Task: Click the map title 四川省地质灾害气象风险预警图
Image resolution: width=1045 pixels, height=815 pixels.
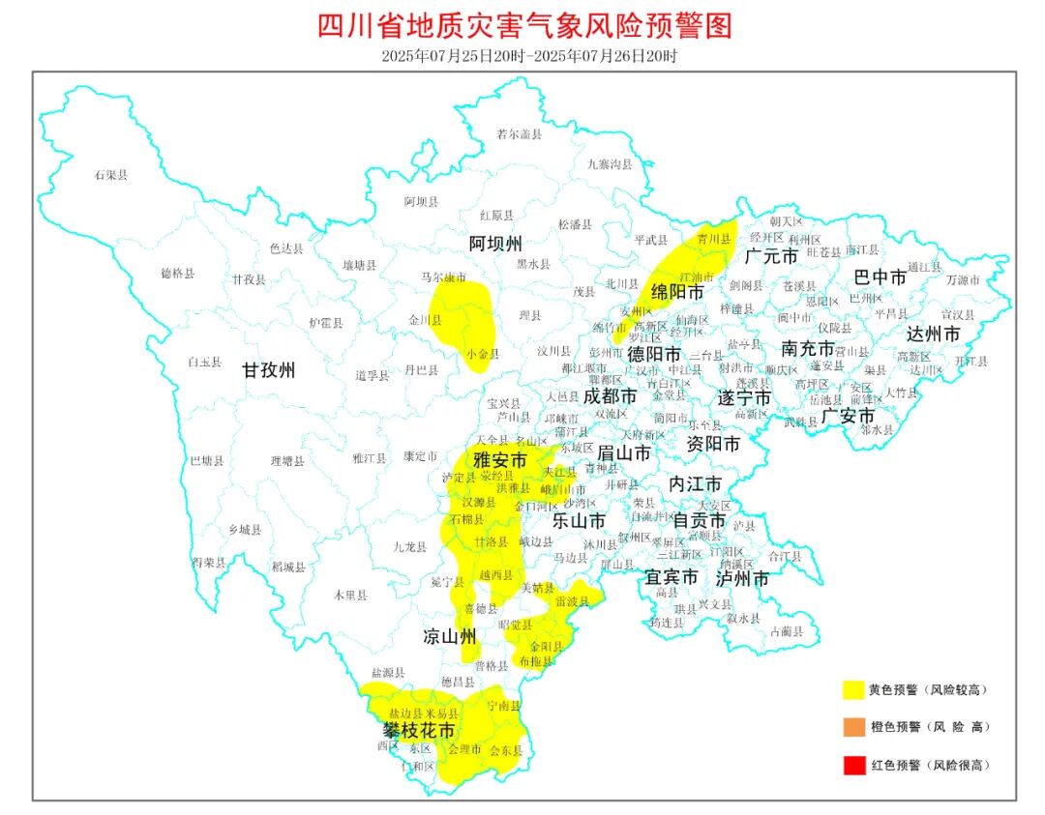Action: tap(523, 24)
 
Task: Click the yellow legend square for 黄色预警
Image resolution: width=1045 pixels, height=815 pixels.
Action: tap(852, 689)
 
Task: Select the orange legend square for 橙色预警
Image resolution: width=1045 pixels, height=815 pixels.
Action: tap(852, 727)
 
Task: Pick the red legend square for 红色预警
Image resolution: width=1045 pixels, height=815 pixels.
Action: tap(852, 765)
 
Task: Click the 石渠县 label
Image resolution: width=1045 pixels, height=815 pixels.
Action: tap(111, 175)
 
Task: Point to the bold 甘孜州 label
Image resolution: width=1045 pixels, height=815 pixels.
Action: tap(268, 369)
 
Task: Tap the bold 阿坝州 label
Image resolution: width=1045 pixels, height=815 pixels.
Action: tap(496, 242)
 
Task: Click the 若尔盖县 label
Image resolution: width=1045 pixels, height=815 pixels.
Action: tap(519, 134)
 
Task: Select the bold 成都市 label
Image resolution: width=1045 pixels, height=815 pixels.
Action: tap(610, 396)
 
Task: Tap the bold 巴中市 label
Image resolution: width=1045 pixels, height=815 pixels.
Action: tap(881, 277)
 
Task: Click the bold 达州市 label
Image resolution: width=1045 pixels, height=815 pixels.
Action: tap(934, 334)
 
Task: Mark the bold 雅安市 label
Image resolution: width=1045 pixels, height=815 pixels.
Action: tap(500, 461)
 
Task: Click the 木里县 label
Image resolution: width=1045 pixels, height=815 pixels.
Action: tap(350, 596)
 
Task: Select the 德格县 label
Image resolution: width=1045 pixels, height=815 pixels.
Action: tap(177, 274)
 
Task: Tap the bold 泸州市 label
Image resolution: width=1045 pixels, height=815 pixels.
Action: tap(742, 578)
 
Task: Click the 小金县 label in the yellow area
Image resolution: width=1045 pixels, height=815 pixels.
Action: tap(482, 354)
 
